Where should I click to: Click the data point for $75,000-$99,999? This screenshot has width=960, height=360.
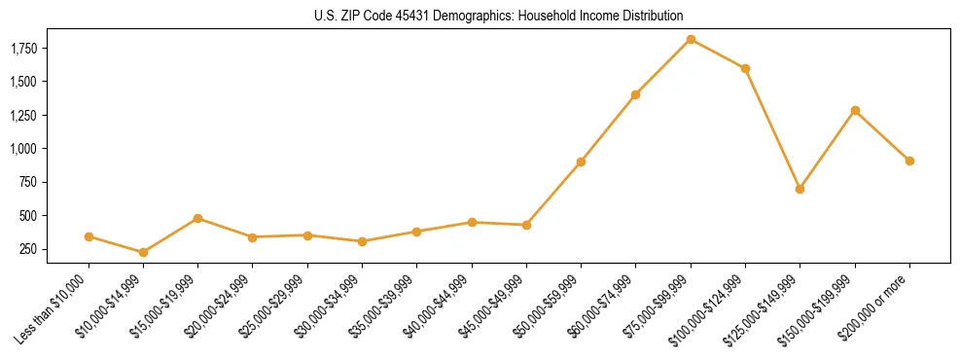click(x=691, y=39)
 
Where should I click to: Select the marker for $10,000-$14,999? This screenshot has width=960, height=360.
click(x=143, y=252)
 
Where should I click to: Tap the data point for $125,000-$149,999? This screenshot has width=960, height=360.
click(x=800, y=189)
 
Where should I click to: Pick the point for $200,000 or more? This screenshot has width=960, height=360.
click(x=909, y=161)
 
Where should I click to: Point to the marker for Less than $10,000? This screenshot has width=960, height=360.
click(x=89, y=236)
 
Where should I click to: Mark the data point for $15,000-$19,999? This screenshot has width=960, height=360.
click(x=197, y=218)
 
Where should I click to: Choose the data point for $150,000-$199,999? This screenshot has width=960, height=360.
click(x=855, y=110)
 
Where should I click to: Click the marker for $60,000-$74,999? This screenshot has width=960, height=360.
click(x=635, y=94)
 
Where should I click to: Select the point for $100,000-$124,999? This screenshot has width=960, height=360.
click(x=745, y=68)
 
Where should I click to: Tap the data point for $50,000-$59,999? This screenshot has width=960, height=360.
click(x=581, y=162)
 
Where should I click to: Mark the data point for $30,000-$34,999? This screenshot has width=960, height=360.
click(x=362, y=241)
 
